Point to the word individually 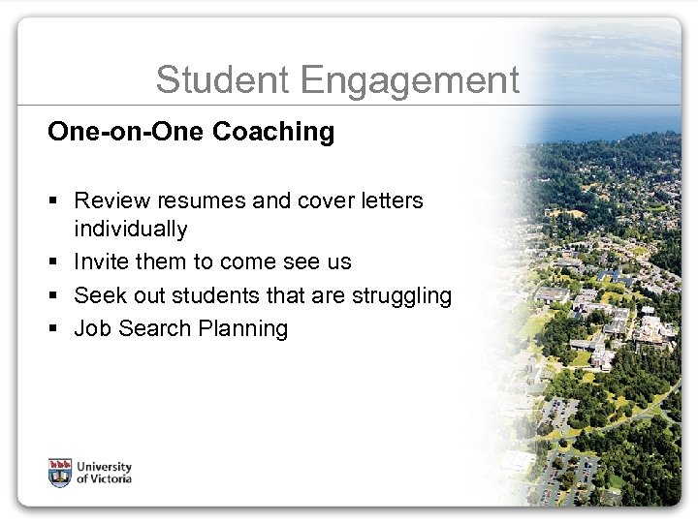131,231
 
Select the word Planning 243,329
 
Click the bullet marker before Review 54,201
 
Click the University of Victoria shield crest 60,472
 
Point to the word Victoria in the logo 110,478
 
